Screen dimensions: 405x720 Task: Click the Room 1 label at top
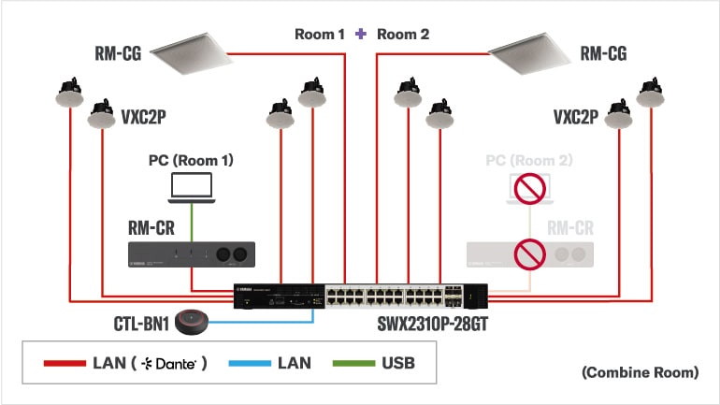click(320, 35)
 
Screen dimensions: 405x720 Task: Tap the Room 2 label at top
click(403, 35)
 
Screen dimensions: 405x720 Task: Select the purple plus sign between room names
click(361, 35)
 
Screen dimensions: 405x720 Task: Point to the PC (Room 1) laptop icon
click(192, 187)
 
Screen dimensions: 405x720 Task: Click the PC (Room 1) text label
click(191, 161)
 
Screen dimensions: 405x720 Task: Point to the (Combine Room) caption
click(640, 372)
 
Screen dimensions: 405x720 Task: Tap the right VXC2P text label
click(575, 117)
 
